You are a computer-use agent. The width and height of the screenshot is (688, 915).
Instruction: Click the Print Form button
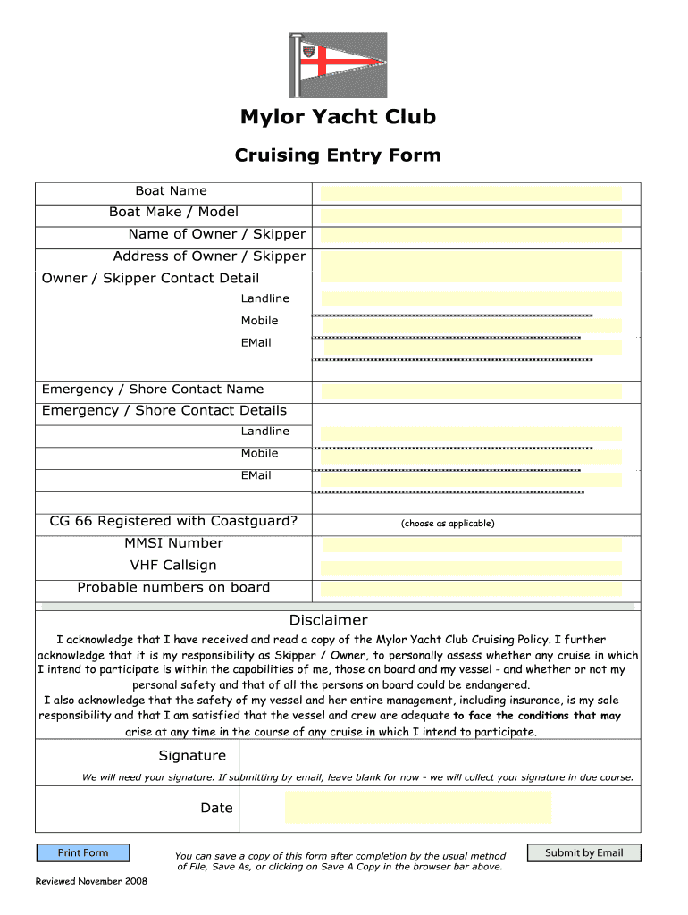pyautogui.click(x=83, y=853)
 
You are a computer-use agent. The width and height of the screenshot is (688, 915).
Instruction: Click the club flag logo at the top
pyautogui.click(x=338, y=65)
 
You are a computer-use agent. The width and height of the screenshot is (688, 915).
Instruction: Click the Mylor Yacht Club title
pyautogui.click(x=338, y=117)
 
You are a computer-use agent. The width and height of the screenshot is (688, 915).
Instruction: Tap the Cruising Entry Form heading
pyautogui.click(x=338, y=155)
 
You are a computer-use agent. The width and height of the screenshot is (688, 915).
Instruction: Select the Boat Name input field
pyautogui.click(x=471, y=193)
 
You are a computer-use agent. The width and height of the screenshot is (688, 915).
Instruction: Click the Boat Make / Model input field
pyautogui.click(x=471, y=215)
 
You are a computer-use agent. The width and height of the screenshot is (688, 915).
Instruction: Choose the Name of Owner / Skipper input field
pyautogui.click(x=471, y=236)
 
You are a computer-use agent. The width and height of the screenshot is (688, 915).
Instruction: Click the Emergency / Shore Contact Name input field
pyautogui.click(x=471, y=391)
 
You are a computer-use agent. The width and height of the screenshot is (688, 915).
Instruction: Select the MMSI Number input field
pyautogui.click(x=471, y=545)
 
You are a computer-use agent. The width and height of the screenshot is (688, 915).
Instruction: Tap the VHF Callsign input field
pyautogui.click(x=471, y=567)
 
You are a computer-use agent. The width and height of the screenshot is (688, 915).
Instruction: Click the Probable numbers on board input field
pyautogui.click(x=471, y=589)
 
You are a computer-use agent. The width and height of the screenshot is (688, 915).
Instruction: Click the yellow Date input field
pyautogui.click(x=418, y=808)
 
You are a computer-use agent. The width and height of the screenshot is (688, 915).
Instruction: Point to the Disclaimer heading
pyautogui.click(x=328, y=620)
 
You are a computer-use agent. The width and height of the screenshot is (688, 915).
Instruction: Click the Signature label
pyautogui.click(x=192, y=756)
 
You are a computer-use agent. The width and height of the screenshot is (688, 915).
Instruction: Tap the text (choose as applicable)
pyautogui.click(x=448, y=524)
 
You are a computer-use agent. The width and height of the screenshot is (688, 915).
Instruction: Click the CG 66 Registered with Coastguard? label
pyautogui.click(x=173, y=521)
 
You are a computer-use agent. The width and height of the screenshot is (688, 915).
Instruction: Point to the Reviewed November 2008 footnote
pyautogui.click(x=91, y=882)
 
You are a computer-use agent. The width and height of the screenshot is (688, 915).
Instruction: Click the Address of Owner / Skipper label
pyautogui.click(x=209, y=256)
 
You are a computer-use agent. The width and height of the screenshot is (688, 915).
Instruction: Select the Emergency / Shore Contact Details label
pyautogui.click(x=164, y=411)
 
